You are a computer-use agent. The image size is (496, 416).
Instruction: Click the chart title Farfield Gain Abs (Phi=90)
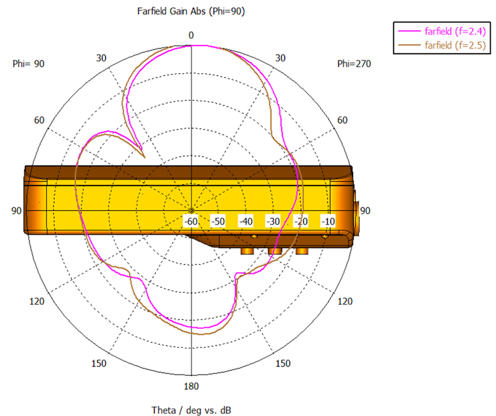(x=191, y=12)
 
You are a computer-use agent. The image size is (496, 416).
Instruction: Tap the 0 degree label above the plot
(x=191, y=36)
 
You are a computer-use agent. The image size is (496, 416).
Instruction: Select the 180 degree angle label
(x=192, y=386)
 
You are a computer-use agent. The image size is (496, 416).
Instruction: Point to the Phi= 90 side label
(x=29, y=64)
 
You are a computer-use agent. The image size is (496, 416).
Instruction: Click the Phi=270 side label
(x=354, y=64)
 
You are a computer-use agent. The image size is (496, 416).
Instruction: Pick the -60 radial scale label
(x=191, y=221)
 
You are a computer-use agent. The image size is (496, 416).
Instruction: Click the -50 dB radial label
(x=218, y=221)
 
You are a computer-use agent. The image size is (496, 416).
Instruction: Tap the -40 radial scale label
(x=246, y=221)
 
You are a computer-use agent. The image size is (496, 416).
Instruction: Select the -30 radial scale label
(x=273, y=221)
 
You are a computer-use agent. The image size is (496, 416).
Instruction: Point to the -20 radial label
(x=301, y=221)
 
